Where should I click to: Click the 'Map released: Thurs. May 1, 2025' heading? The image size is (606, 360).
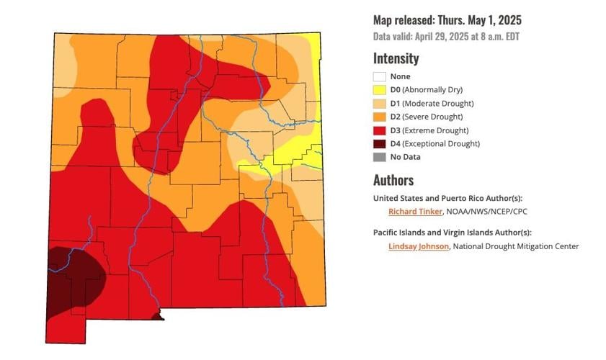pyautogui.click(x=447, y=20)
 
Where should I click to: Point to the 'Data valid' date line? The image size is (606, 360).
pyautogui.click(x=447, y=36)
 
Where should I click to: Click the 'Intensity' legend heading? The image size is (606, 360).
pyautogui.click(x=396, y=58)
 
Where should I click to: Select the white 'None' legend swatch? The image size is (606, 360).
pyautogui.click(x=379, y=76)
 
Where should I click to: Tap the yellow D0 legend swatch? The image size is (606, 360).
pyautogui.click(x=379, y=90)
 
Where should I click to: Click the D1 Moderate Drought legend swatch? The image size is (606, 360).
pyautogui.click(x=379, y=104)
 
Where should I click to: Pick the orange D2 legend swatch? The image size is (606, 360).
pyautogui.click(x=379, y=117)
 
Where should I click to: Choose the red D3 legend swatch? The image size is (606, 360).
pyautogui.click(x=379, y=130)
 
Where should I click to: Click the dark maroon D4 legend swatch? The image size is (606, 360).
pyautogui.click(x=379, y=143)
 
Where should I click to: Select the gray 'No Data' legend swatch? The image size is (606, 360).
pyautogui.click(x=379, y=157)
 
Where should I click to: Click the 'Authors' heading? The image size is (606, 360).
pyautogui.click(x=393, y=180)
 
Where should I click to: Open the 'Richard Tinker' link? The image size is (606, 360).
pyautogui.click(x=414, y=212)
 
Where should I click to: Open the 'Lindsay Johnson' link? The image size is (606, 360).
pyautogui.click(x=418, y=246)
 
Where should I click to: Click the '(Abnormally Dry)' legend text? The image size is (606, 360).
pyautogui.click(x=432, y=90)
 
